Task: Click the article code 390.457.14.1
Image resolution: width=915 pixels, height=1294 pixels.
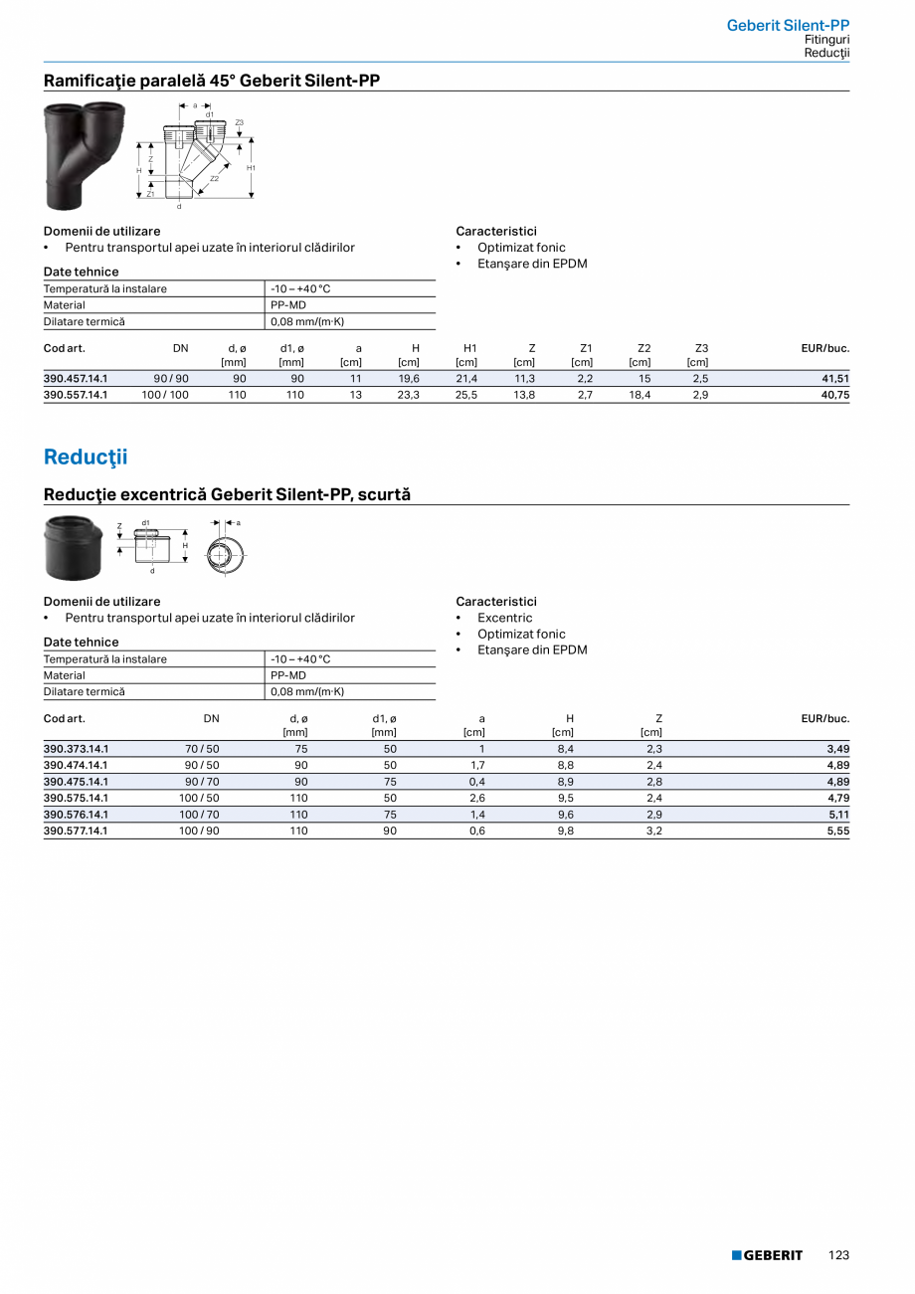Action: [x=76, y=379]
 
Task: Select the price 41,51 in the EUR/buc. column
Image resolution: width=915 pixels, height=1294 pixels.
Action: [x=835, y=379]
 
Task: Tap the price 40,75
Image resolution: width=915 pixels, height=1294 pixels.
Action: [x=835, y=395]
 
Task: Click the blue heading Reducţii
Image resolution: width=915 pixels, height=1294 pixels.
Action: [x=86, y=458]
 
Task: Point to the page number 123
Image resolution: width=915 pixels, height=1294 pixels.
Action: [x=838, y=1255]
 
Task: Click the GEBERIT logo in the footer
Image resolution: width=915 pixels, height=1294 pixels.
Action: [x=767, y=1255]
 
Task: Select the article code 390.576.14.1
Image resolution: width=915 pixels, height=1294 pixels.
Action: [x=76, y=814]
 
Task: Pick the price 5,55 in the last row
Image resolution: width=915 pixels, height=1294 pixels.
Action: [x=838, y=831]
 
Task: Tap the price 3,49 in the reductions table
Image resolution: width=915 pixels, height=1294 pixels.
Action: [x=838, y=749]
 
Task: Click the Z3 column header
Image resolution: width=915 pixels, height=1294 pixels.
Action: [x=701, y=348]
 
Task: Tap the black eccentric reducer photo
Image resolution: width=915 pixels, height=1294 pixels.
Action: [x=73, y=548]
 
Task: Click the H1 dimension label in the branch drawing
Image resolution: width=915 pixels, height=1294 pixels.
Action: [x=253, y=168]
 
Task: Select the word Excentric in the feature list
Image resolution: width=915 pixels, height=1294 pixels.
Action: [x=504, y=618]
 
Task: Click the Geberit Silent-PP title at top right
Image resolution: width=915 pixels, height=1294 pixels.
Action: [x=788, y=25]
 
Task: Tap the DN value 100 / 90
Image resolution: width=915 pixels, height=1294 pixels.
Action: [x=199, y=831]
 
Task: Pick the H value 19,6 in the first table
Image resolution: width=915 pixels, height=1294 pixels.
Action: [x=408, y=379]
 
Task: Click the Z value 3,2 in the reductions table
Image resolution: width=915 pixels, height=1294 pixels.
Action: [x=653, y=831]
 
